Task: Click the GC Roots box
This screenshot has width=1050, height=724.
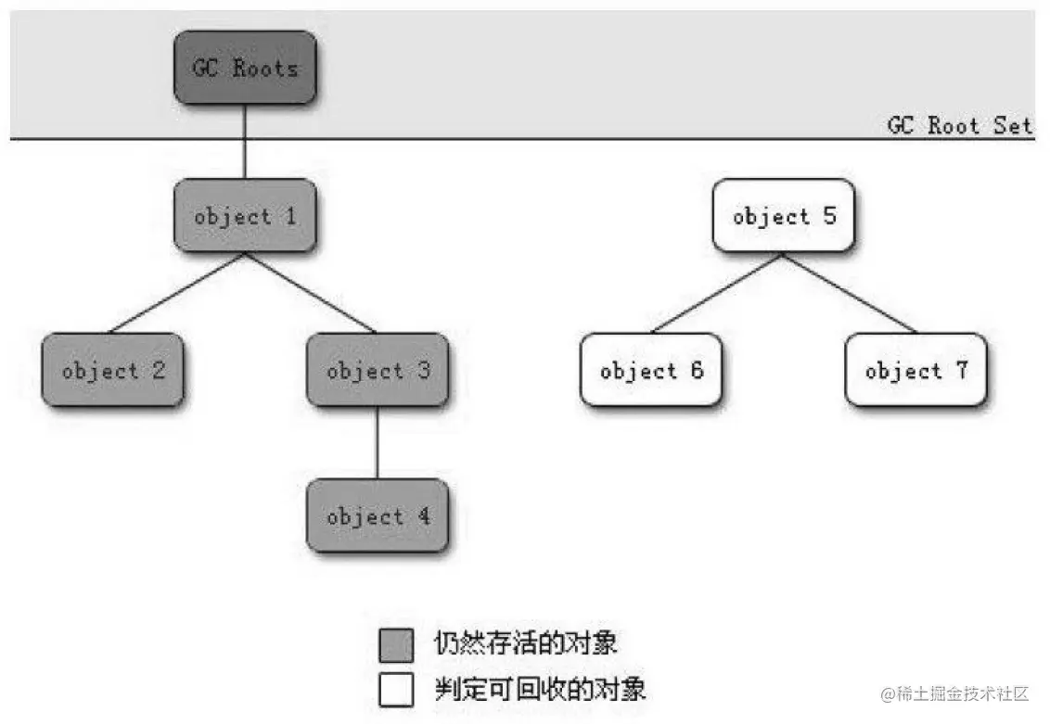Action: pyautogui.click(x=245, y=68)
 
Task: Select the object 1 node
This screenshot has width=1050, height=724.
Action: pyautogui.click(x=245, y=216)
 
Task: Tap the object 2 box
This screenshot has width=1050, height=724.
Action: pyautogui.click(x=112, y=370)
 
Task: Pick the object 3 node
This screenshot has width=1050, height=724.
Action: pyautogui.click(x=378, y=370)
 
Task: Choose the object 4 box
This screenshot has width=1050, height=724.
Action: pyautogui.click(x=378, y=515)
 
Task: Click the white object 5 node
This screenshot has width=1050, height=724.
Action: pyautogui.click(x=783, y=216)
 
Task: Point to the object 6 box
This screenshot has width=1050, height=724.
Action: pyautogui.click(x=651, y=370)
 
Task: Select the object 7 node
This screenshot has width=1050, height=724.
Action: pyautogui.click(x=916, y=370)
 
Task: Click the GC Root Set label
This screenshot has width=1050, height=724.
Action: pyautogui.click(x=959, y=125)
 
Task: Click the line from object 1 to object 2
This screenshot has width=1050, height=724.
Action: pyautogui.click(x=176, y=292)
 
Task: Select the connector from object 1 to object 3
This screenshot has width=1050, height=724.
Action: pyautogui.click(x=312, y=292)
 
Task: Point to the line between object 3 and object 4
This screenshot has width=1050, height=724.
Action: pyautogui.click(x=378, y=442)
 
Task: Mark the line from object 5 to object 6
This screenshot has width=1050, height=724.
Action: pyautogui.click(x=717, y=292)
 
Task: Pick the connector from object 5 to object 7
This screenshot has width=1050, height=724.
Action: pyautogui.click(x=850, y=292)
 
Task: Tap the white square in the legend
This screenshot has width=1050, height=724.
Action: pyautogui.click(x=396, y=690)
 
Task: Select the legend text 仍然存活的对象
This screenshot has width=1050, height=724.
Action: pyautogui.click(x=525, y=642)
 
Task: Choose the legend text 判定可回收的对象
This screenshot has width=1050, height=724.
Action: pyautogui.click(x=540, y=690)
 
